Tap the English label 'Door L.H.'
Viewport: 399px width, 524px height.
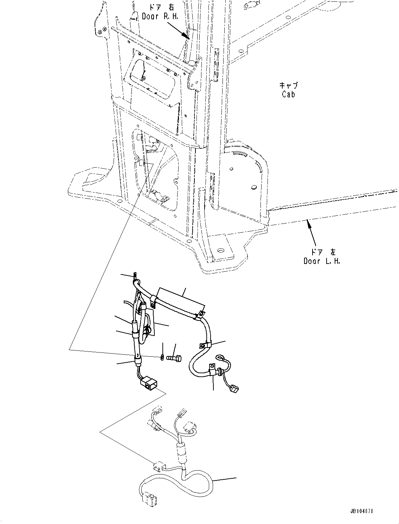(x=322, y=261)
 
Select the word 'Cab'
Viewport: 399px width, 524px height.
(x=288, y=94)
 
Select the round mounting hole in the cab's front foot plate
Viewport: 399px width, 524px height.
(x=220, y=250)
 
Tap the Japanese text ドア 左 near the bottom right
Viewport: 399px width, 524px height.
(x=322, y=252)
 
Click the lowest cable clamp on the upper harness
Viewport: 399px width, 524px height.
(x=212, y=369)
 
